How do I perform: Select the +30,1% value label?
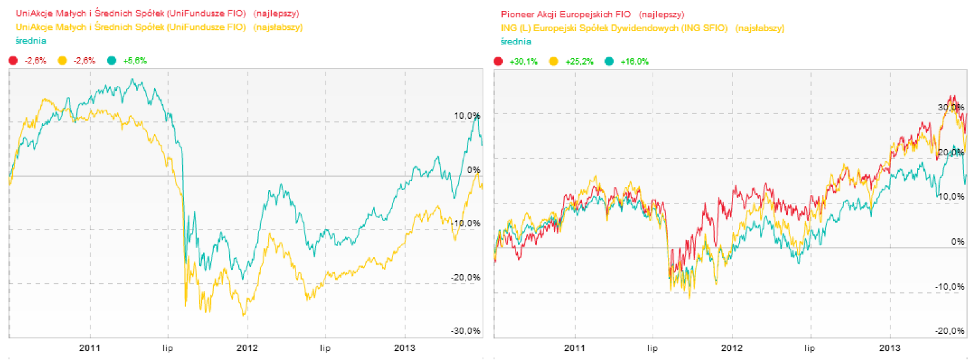[523, 62]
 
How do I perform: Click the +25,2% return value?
[579, 62]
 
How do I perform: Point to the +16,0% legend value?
[634, 62]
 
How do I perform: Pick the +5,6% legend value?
[135, 60]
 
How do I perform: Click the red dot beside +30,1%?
[498, 61]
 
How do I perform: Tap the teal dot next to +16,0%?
[609, 61]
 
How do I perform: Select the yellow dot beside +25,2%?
[553, 61]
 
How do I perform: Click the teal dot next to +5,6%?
[112, 60]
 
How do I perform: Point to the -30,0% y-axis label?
[466, 331]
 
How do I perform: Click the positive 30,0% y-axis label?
[951, 107]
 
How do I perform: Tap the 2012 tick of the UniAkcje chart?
[247, 348]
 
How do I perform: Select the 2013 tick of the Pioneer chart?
[890, 348]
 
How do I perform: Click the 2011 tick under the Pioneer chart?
[574, 348]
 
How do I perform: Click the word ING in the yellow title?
[508, 28]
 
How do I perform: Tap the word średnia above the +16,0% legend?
[516, 41]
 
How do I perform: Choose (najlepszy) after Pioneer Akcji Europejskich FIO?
[661, 14]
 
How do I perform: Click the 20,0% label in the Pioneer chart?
[951, 152]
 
